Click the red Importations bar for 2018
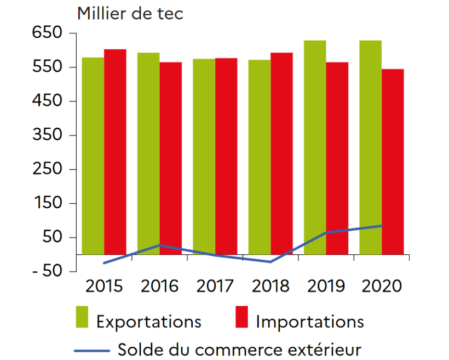[x=281, y=153]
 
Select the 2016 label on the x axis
[x=159, y=286]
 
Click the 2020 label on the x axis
[x=382, y=286]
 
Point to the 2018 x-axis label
[x=270, y=286]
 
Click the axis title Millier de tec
[x=130, y=13]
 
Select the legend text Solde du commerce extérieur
[x=240, y=348]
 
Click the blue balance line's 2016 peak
[x=159, y=245]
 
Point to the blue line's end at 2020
[x=381, y=226]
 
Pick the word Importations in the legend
[x=309, y=321]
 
